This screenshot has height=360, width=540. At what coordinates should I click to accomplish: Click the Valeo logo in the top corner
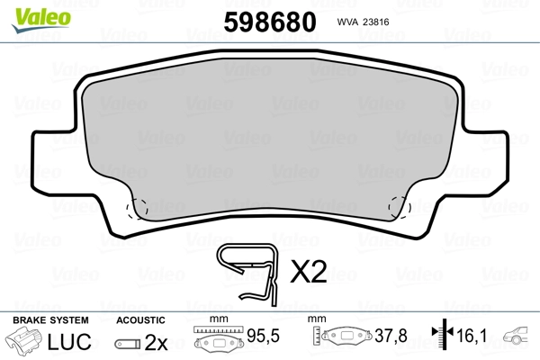click(41, 19)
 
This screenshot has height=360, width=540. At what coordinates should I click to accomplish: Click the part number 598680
click(270, 22)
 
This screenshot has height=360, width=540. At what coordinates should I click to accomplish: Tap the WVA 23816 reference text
click(363, 22)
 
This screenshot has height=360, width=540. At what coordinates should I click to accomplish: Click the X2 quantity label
click(309, 272)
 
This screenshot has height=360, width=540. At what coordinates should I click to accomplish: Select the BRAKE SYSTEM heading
click(50, 320)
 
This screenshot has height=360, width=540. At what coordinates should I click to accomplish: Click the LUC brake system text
click(69, 342)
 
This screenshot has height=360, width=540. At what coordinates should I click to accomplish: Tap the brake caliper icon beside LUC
click(24, 340)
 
